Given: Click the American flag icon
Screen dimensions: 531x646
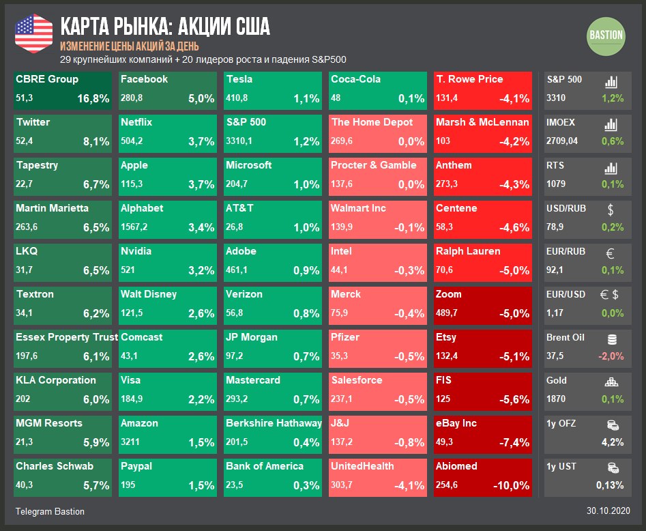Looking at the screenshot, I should pyautogui.click(x=33, y=32).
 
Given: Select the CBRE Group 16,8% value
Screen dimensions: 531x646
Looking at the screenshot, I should pyautogui.click(x=93, y=98).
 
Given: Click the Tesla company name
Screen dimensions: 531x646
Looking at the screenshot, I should pyautogui.click(x=239, y=79).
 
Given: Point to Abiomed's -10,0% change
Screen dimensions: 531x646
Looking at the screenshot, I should pyautogui.click(x=511, y=485).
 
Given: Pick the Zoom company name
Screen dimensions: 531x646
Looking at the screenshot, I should pyautogui.click(x=449, y=294).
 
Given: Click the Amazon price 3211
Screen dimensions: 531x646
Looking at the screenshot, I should pyautogui.click(x=130, y=442).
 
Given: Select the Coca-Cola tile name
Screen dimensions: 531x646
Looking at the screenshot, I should pyautogui.click(x=355, y=79).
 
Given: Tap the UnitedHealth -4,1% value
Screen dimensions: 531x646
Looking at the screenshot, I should pyautogui.click(x=409, y=485).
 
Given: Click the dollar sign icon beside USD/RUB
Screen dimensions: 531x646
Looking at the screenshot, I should pyautogui.click(x=611, y=210).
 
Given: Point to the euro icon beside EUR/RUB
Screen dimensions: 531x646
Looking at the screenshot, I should pyautogui.click(x=611, y=253).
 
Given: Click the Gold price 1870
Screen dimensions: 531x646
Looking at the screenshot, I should pyautogui.click(x=556, y=399).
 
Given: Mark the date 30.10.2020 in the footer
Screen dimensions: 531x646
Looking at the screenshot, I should pyautogui.click(x=608, y=511).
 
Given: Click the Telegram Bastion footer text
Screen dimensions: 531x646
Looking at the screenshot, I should pyautogui.click(x=50, y=511).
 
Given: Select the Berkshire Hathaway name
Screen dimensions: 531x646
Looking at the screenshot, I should pyautogui.click(x=274, y=423).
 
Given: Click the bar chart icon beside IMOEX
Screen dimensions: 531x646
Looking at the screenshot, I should pyautogui.click(x=611, y=124).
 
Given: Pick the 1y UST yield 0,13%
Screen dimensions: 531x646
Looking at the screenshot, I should pyautogui.click(x=609, y=485).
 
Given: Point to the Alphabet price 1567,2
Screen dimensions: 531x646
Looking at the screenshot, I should pyautogui.click(x=135, y=227).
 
